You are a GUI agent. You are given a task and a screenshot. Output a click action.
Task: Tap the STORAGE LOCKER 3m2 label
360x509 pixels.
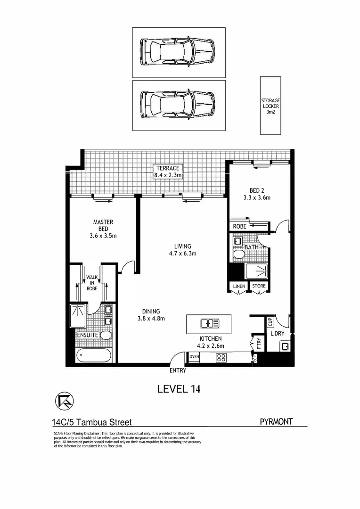click(270, 106)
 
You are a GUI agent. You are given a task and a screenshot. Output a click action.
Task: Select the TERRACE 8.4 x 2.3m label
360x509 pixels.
click(168, 172)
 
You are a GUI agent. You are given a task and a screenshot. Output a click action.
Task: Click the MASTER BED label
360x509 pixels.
click(103, 229)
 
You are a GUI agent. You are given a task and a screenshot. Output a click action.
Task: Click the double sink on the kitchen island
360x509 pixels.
click(209, 323)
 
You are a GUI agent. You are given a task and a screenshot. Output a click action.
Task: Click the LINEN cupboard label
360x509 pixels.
click(237, 286)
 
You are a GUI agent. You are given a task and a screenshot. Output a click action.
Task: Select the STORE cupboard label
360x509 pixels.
click(258, 286)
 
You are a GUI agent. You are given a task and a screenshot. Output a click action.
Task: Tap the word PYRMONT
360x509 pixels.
click(276, 422)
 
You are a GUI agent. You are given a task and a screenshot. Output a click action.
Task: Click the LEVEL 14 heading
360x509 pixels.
click(179, 389)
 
